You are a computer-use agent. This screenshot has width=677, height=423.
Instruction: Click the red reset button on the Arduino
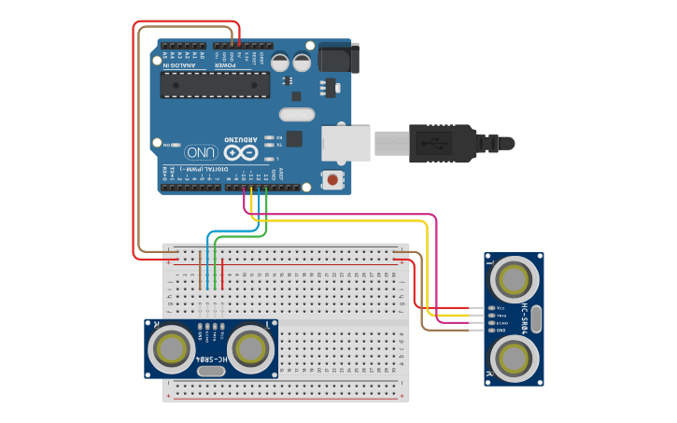coord(331,178)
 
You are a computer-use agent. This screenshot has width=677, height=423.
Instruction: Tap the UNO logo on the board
coord(201,151)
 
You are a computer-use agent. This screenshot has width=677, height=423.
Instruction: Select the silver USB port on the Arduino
coord(346,142)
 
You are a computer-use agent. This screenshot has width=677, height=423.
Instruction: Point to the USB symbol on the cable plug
coord(431,144)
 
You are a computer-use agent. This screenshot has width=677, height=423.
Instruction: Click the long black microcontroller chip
coord(215,85)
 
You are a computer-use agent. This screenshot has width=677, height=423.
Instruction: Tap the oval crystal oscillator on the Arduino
coord(296,115)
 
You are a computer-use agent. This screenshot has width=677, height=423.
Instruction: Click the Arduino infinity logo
coord(239,151)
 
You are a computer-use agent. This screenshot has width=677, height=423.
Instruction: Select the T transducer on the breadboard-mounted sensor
coord(251,348)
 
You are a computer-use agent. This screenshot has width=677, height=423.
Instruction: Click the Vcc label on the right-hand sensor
coord(501,308)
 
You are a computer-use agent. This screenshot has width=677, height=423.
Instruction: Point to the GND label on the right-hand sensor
coord(501,331)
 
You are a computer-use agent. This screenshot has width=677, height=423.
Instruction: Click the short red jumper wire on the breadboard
coord(222,272)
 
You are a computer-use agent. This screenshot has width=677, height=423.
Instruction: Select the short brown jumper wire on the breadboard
coord(200,270)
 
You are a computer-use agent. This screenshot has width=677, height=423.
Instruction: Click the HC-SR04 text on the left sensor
coord(211,359)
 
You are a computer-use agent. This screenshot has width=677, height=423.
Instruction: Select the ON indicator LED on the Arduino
coord(177,145)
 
